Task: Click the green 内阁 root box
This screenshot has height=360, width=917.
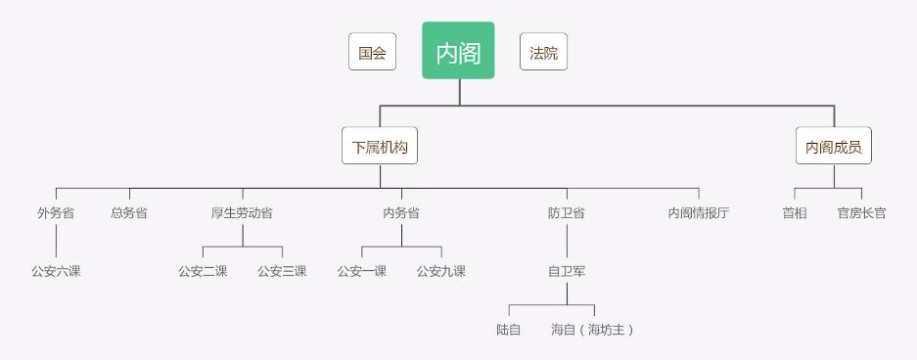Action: coord(458,51)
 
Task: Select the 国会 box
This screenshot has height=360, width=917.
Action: coord(372,53)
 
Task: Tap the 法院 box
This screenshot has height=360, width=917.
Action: coord(543,53)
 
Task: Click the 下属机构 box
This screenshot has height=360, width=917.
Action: coord(380,147)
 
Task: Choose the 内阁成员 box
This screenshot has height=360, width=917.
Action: coord(834,147)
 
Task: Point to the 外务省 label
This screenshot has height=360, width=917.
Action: coord(56,212)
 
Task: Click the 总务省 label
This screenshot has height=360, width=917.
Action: coord(129,212)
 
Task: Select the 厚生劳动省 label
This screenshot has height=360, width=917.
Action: coord(242,212)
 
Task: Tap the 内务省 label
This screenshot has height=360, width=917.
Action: coord(401,212)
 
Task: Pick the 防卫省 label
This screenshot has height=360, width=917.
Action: coord(567,212)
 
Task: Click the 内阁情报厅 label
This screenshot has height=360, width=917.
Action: coord(699,212)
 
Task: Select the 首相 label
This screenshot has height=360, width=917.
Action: coord(795,212)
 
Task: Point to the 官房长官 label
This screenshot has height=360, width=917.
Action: coord(861,212)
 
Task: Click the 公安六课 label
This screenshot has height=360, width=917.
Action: coord(56,271)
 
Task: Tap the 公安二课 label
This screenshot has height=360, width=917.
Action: coord(203,271)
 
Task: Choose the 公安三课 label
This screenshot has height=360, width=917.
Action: coord(282,271)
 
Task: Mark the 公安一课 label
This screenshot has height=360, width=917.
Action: coord(362,271)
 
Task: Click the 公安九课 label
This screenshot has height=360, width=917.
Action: coord(441,271)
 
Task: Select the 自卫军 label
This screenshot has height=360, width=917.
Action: coord(567,271)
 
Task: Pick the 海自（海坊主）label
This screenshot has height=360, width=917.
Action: coord(593,330)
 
